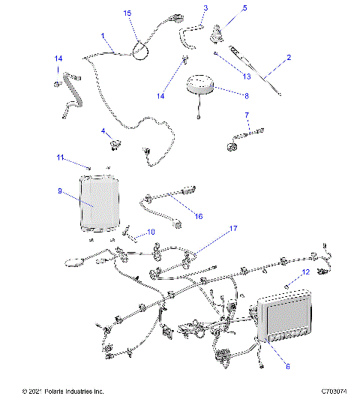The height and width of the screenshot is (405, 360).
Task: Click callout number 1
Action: [103, 35]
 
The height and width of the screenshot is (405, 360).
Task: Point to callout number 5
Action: [223, 8]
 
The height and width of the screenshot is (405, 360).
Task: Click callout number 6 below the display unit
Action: [286, 367]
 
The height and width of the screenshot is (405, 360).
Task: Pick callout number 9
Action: [59, 191]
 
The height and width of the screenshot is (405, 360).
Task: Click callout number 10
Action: [151, 232]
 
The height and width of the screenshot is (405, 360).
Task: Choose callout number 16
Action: [198, 216]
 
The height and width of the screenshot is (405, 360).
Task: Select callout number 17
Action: [233, 228]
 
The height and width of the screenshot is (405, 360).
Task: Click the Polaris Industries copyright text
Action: [63, 391]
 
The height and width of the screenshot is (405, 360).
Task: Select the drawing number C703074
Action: [334, 391]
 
